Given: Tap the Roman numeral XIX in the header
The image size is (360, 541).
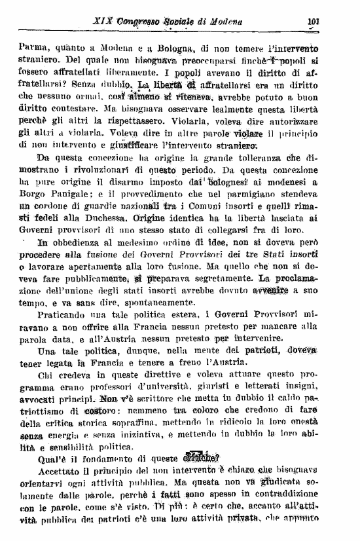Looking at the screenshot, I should tap(86, 20).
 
